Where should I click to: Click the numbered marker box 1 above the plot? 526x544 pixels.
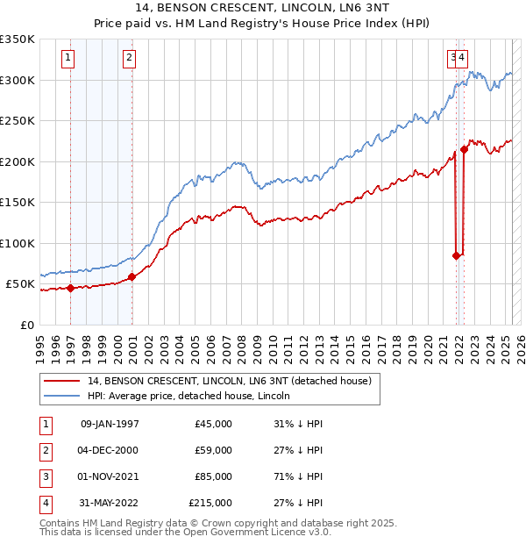[x=68, y=59]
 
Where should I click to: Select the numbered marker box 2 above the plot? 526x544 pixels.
[x=129, y=59]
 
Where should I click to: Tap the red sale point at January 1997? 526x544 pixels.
[x=70, y=288]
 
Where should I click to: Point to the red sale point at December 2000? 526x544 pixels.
[x=131, y=276]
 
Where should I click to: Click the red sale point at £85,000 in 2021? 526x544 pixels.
[x=456, y=255]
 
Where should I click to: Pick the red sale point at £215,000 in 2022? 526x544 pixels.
[x=465, y=149]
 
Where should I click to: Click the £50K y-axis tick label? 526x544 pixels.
[x=20, y=284]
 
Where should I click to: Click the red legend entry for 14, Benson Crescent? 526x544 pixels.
[x=230, y=382]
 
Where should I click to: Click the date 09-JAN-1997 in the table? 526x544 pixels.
[x=109, y=424]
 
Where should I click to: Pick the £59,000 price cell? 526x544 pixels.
[x=214, y=450]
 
